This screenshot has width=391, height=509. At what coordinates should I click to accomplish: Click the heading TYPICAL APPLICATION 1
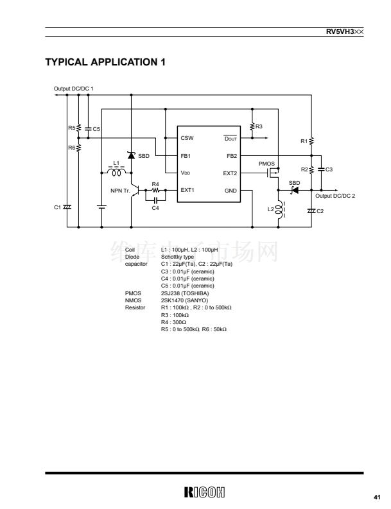[x=105, y=62]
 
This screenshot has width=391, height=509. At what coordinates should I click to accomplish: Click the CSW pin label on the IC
[x=187, y=138]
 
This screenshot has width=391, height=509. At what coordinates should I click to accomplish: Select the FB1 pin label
[x=186, y=155]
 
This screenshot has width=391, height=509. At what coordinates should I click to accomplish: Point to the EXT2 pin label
[x=230, y=173]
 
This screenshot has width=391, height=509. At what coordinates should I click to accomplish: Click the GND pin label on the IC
[x=231, y=191]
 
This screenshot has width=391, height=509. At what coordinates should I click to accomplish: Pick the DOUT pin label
[x=230, y=138]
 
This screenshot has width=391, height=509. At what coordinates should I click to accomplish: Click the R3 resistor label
[x=259, y=126]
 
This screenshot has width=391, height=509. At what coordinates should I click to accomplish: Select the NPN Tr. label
[x=120, y=191]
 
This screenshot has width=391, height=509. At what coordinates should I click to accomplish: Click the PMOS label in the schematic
[x=266, y=164]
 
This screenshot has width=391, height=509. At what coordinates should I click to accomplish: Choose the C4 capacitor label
[x=155, y=208]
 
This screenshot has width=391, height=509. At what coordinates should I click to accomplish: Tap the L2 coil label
[x=271, y=209]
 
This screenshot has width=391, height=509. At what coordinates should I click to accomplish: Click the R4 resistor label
[x=155, y=184]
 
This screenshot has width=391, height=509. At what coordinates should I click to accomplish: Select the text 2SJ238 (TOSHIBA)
[x=184, y=293]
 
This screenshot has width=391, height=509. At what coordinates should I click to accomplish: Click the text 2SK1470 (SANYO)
[x=184, y=300]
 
